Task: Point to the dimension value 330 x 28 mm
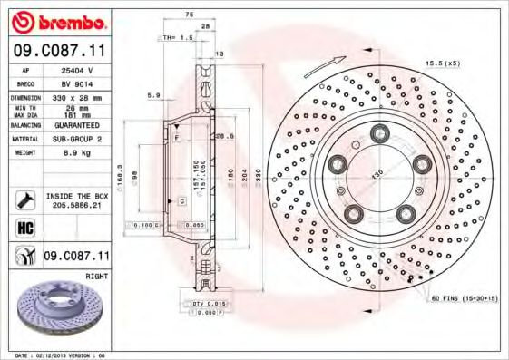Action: (75, 94)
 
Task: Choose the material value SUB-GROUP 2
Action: (75, 139)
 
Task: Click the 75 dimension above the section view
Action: (189, 15)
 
